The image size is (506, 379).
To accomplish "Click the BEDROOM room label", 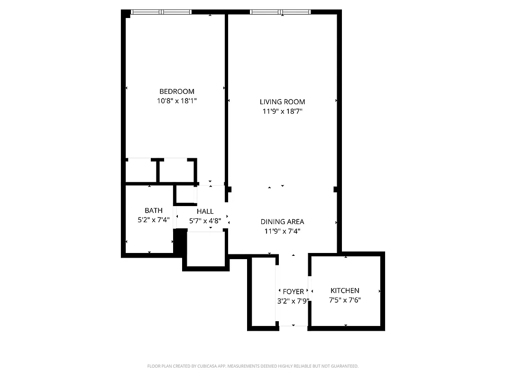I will tap(176, 91).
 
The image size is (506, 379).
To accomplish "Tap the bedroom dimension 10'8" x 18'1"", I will tap(176, 101).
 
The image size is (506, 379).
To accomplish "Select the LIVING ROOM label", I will tap(282, 102).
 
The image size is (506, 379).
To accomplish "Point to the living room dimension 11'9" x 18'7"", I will tap(282, 112).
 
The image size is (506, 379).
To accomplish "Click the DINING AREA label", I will tap(282, 222).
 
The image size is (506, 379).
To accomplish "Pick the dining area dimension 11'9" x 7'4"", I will tap(282, 231).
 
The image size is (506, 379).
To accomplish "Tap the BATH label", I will tap(154, 210).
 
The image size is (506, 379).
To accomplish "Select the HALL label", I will tap(205, 211).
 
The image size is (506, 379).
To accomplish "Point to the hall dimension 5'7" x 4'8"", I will tap(205, 221).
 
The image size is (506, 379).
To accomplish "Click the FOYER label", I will tap(293, 291).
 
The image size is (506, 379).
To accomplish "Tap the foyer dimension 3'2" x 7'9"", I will tap(293, 301).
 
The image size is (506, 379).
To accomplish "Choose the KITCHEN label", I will tap(345, 290).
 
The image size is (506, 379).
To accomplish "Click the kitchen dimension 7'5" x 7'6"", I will tap(345, 300).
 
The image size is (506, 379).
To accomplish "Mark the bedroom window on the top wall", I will tap(161, 12).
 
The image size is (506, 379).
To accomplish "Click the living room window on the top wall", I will tap(281, 12).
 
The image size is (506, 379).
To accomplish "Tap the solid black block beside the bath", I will tap(180, 241).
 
